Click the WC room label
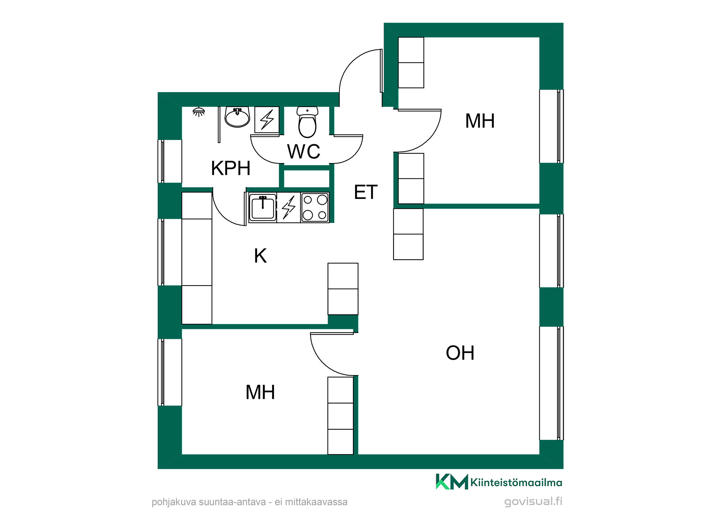coord(304,152)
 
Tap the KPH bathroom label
coord(231,168)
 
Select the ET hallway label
coord(366,192)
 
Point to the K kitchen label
coord(261,256)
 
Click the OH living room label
coord(460,353)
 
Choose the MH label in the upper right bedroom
coord(480,121)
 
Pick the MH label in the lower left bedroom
coord(260,392)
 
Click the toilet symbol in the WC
coord(307,122)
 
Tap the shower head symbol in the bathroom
coord(199,112)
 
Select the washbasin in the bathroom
coord(237,117)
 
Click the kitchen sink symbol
coord(263,207)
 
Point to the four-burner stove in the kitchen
coord(315,207)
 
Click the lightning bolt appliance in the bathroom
coord(267,120)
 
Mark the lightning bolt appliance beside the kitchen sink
coord(289,207)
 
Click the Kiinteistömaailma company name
coord(516,482)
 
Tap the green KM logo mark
coord(452,482)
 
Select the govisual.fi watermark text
coord(533,501)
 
